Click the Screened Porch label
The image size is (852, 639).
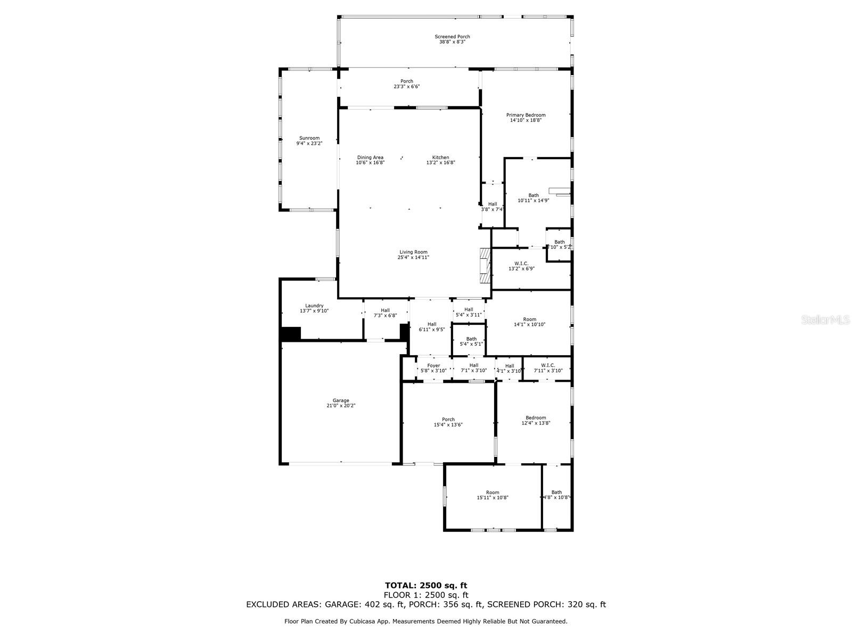point(452,37)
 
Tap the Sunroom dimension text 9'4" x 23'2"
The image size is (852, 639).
point(309,143)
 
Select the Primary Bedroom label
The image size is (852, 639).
point(526,115)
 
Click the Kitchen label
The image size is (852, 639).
point(440,158)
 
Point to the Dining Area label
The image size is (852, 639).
point(370,158)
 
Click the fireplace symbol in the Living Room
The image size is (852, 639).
point(484,266)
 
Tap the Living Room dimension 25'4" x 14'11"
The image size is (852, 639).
point(413,257)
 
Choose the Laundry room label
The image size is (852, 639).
point(314,306)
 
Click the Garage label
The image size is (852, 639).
point(341,400)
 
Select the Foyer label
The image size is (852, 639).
point(433,366)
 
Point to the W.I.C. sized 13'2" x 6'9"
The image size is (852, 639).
point(521,266)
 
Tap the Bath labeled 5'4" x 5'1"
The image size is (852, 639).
point(471,341)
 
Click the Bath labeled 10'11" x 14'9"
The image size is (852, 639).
point(533,198)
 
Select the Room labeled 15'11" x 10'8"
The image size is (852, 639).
point(493,495)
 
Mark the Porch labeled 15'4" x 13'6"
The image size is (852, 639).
point(448,422)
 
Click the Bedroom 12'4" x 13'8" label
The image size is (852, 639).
point(536,421)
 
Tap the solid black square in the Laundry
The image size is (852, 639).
point(291,334)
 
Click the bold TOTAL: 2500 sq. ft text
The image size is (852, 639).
point(426,585)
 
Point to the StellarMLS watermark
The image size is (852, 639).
point(826,320)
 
